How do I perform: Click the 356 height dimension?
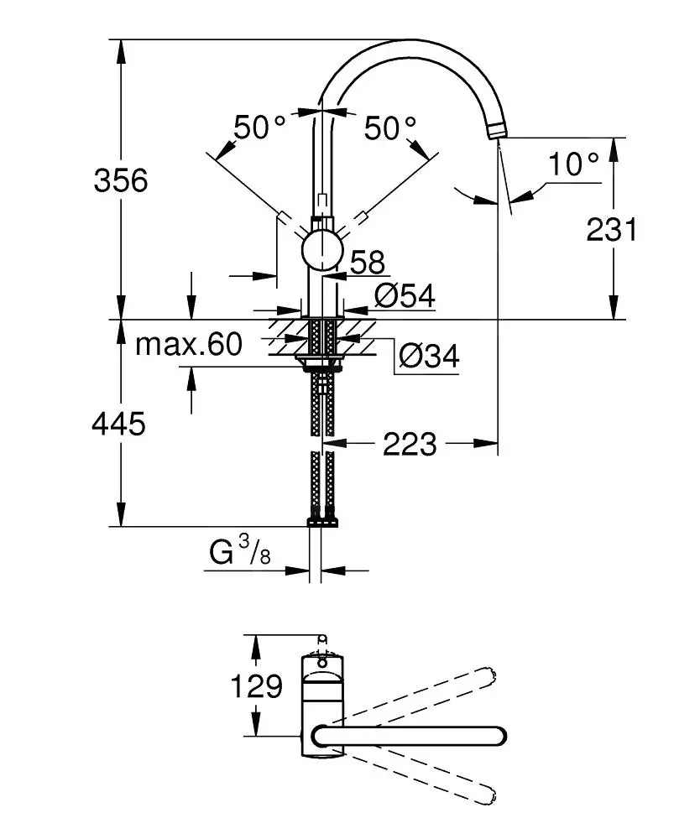pyautogui.click(x=120, y=180)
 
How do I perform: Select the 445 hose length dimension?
pyautogui.click(x=118, y=425)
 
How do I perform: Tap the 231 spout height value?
pyautogui.click(x=611, y=228)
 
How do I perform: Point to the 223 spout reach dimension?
pyautogui.click(x=410, y=444)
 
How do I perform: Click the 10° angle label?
pyautogui.click(x=574, y=164)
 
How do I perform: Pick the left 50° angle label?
pyautogui.click(x=259, y=128)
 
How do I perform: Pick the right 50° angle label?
pyautogui.click(x=390, y=128)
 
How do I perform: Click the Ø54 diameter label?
pyautogui.click(x=404, y=295)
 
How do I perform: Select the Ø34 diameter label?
pyautogui.click(x=428, y=357)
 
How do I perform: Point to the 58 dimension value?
pyautogui.click(x=366, y=263)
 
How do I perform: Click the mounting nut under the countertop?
pyautogui.click(x=321, y=363)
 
